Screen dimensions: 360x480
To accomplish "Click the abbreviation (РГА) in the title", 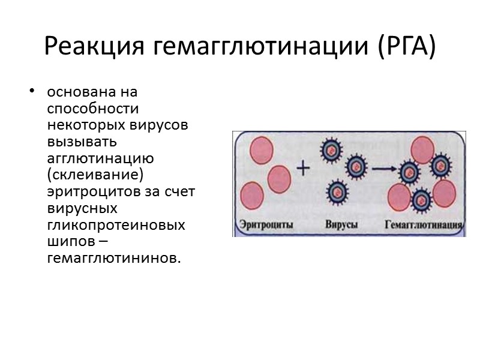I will [407, 46].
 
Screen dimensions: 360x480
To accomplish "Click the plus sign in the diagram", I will [304, 169].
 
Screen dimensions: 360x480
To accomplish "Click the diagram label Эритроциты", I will [266, 227].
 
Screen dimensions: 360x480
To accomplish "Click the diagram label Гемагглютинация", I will [424, 227].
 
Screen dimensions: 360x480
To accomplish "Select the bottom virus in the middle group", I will [336, 192].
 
